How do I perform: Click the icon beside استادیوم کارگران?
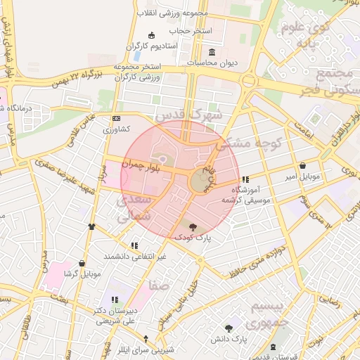[150, 36]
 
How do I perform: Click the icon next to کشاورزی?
[116, 119]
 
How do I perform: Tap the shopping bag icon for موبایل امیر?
[302, 166]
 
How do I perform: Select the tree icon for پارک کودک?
[193, 226]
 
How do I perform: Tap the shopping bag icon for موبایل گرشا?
[82, 263]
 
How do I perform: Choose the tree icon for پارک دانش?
[228, 328]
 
